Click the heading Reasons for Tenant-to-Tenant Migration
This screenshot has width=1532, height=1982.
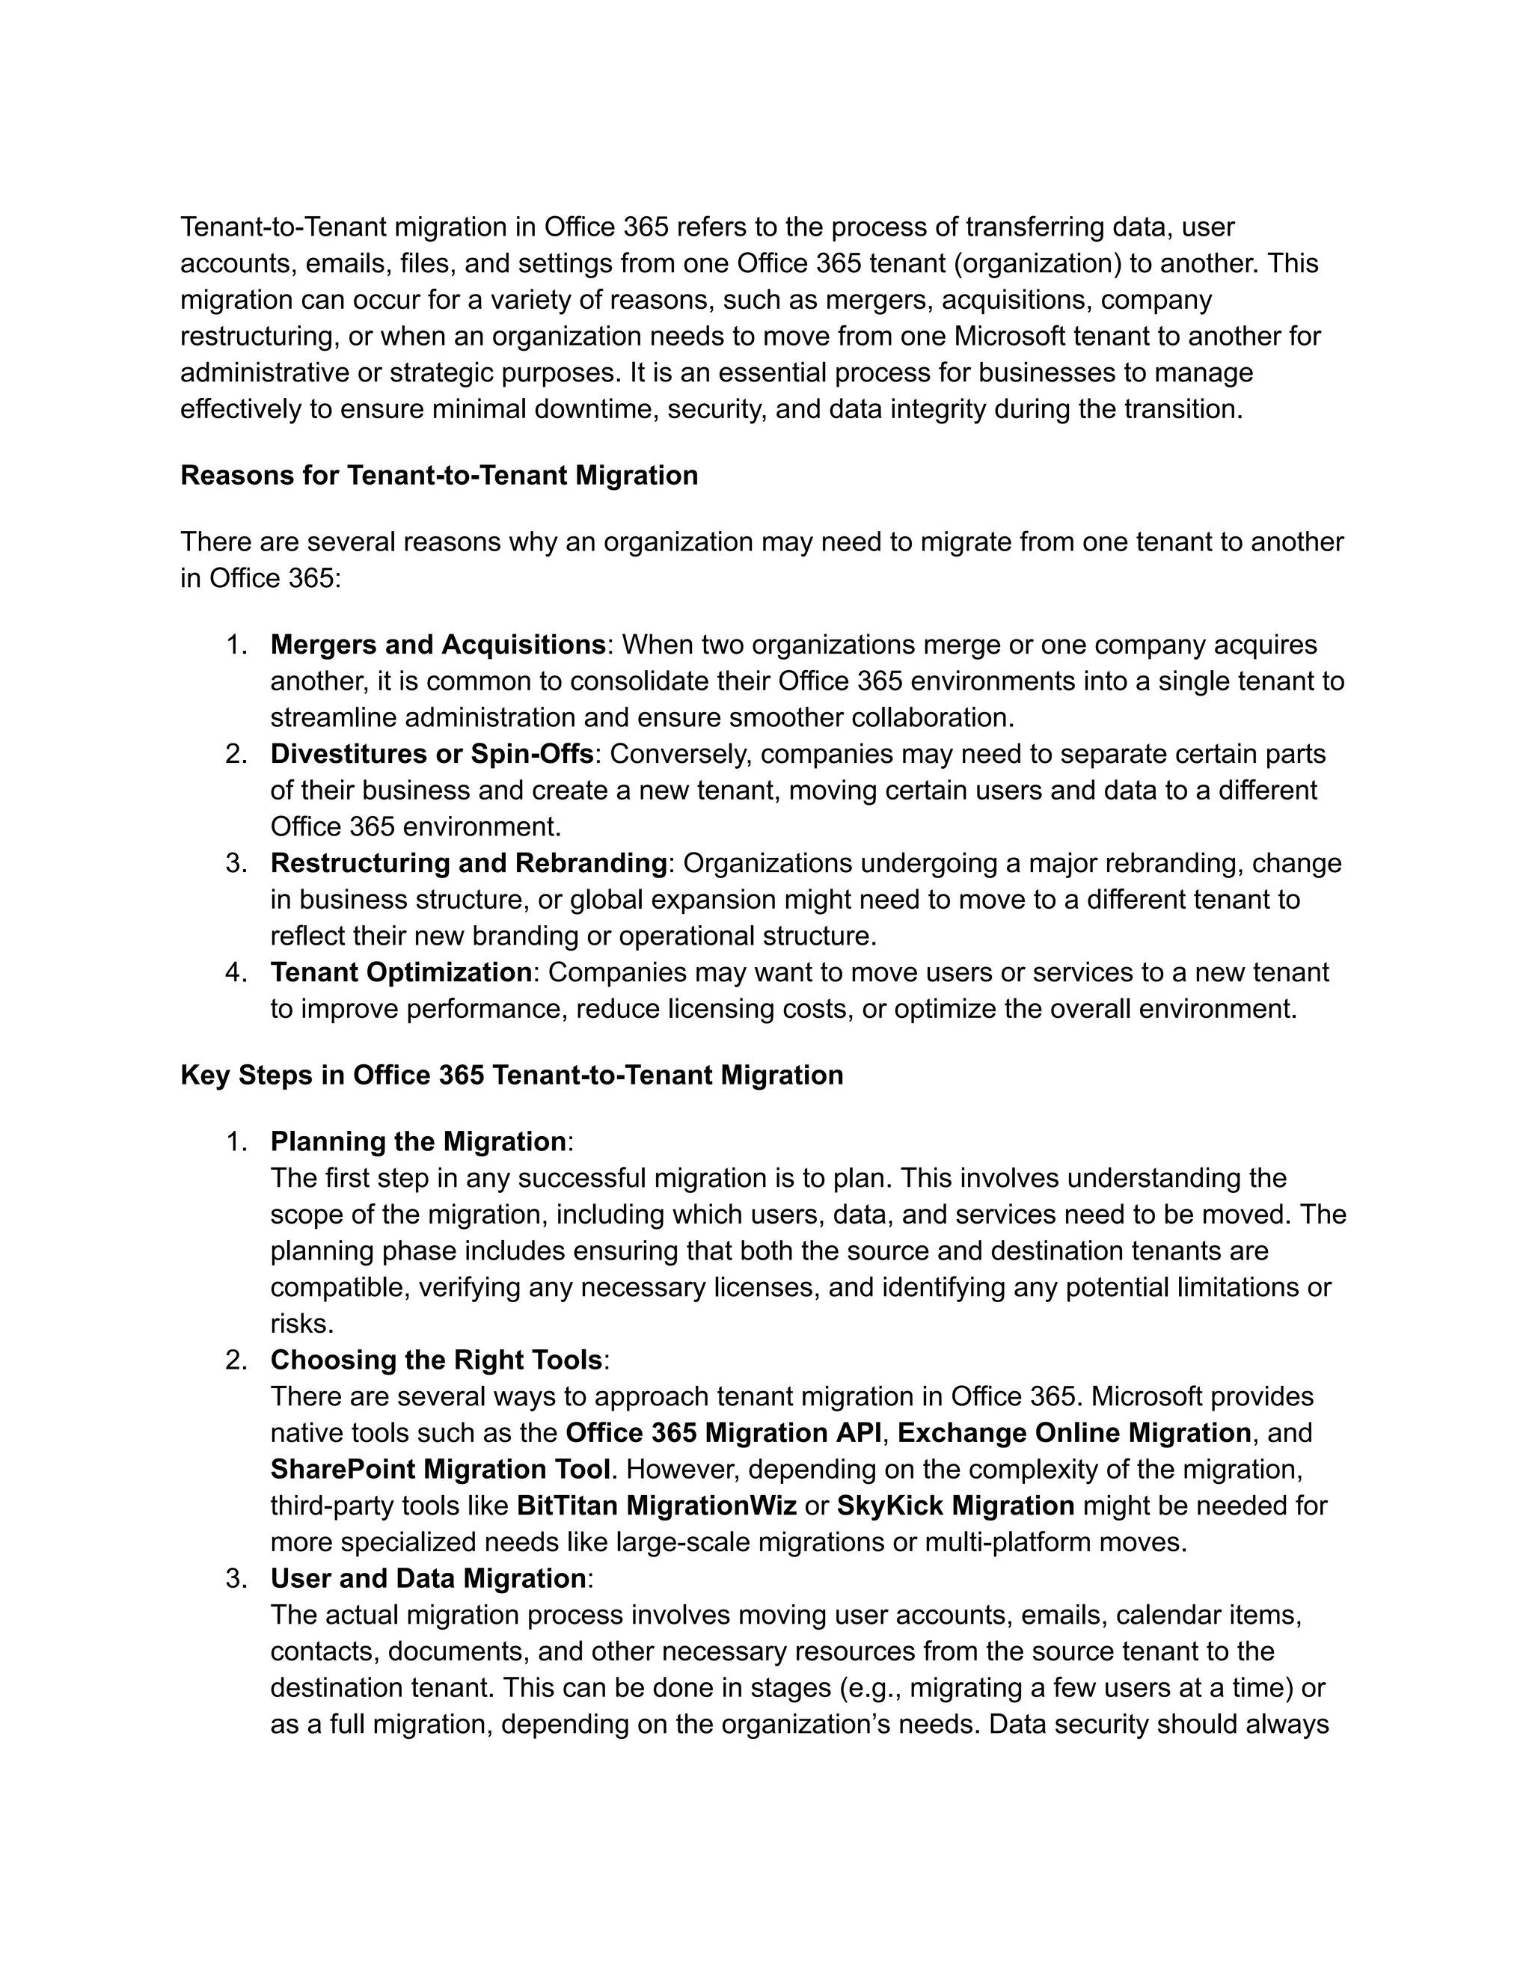click(439, 476)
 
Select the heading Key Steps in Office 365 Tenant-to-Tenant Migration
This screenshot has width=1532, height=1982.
click(512, 1076)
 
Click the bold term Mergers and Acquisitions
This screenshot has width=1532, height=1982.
click(438, 645)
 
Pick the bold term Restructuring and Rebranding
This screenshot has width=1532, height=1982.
click(468, 863)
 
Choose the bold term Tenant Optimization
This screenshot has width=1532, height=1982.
click(401, 973)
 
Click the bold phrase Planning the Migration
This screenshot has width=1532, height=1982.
click(418, 1141)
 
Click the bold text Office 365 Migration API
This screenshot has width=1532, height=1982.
click(723, 1433)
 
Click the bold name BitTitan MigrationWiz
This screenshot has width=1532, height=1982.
click(656, 1506)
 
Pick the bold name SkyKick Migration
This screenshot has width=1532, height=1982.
click(955, 1506)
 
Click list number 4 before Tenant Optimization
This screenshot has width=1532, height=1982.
click(236, 973)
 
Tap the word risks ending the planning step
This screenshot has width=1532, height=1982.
click(301, 1324)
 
